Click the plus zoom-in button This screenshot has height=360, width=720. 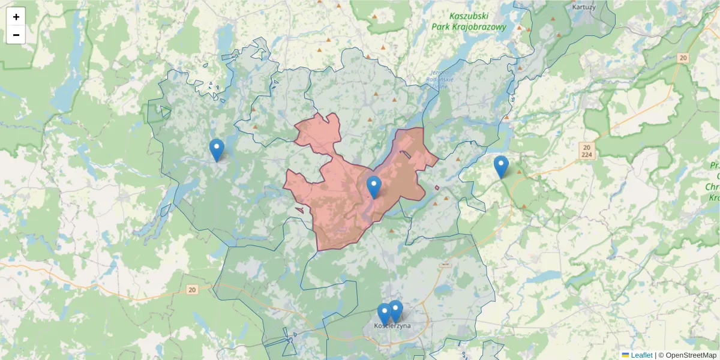click(x=16, y=17)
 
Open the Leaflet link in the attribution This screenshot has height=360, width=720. click(x=641, y=355)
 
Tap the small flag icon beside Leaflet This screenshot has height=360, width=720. click(x=625, y=355)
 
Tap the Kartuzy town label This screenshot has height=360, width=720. click(x=584, y=7)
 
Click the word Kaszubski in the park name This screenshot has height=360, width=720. click(x=469, y=16)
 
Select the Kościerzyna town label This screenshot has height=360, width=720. click(x=392, y=326)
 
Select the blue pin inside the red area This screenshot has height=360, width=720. click(x=374, y=187)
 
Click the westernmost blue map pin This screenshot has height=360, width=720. click(x=217, y=150)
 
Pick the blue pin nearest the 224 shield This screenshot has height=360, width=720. click(x=501, y=167)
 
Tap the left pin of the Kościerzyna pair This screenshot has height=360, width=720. click(x=385, y=314)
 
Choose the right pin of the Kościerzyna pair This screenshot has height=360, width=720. click(x=395, y=311)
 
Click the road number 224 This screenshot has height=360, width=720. click(x=587, y=155)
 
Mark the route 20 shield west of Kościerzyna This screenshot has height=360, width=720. click(x=191, y=290)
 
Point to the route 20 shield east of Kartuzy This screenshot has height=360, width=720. click(x=683, y=58)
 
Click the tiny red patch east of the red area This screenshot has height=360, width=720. click(x=437, y=188)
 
